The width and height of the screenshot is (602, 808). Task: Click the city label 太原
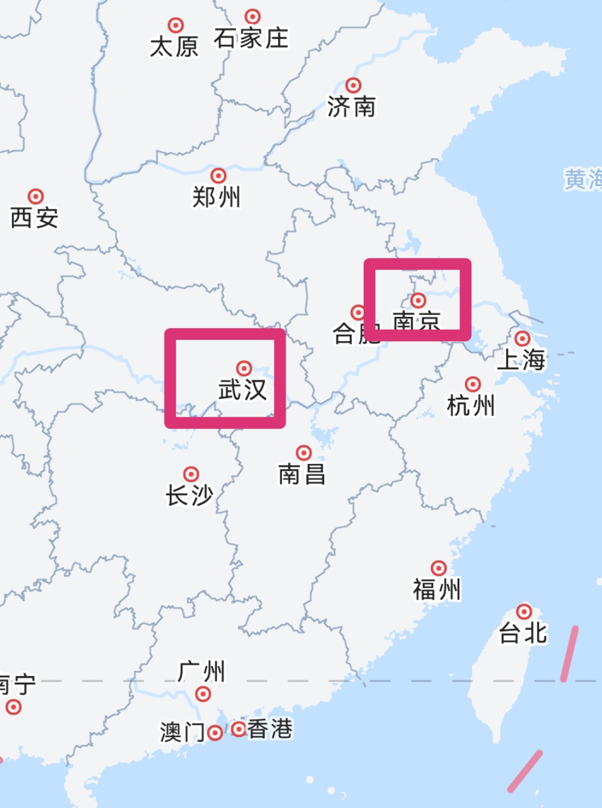(x=174, y=47)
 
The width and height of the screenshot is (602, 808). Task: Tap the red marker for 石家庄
(x=253, y=17)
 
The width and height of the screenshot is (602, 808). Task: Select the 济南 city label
(x=351, y=107)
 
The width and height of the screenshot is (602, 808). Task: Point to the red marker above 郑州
(x=218, y=176)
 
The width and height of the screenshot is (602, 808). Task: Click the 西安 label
(x=34, y=218)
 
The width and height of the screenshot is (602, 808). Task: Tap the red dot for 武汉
(x=244, y=369)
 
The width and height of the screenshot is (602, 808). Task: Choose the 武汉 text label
(x=242, y=390)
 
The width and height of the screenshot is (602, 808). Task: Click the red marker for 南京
(x=418, y=300)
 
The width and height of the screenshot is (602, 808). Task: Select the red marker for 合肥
(x=358, y=312)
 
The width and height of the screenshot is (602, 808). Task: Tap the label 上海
(x=521, y=359)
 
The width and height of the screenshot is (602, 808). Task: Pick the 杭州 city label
(x=471, y=406)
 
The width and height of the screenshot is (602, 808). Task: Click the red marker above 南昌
(x=303, y=453)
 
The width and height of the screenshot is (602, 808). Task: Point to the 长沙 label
(x=189, y=495)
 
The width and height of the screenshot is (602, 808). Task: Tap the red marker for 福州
(x=438, y=568)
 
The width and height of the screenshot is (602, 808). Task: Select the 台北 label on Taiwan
(x=523, y=633)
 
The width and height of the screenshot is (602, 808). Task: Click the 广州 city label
(x=202, y=672)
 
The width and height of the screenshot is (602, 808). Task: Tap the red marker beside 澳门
(x=215, y=733)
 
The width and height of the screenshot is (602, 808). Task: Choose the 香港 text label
(x=270, y=729)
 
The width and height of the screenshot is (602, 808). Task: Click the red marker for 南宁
(x=14, y=706)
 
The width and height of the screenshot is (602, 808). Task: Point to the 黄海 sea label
(x=582, y=179)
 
